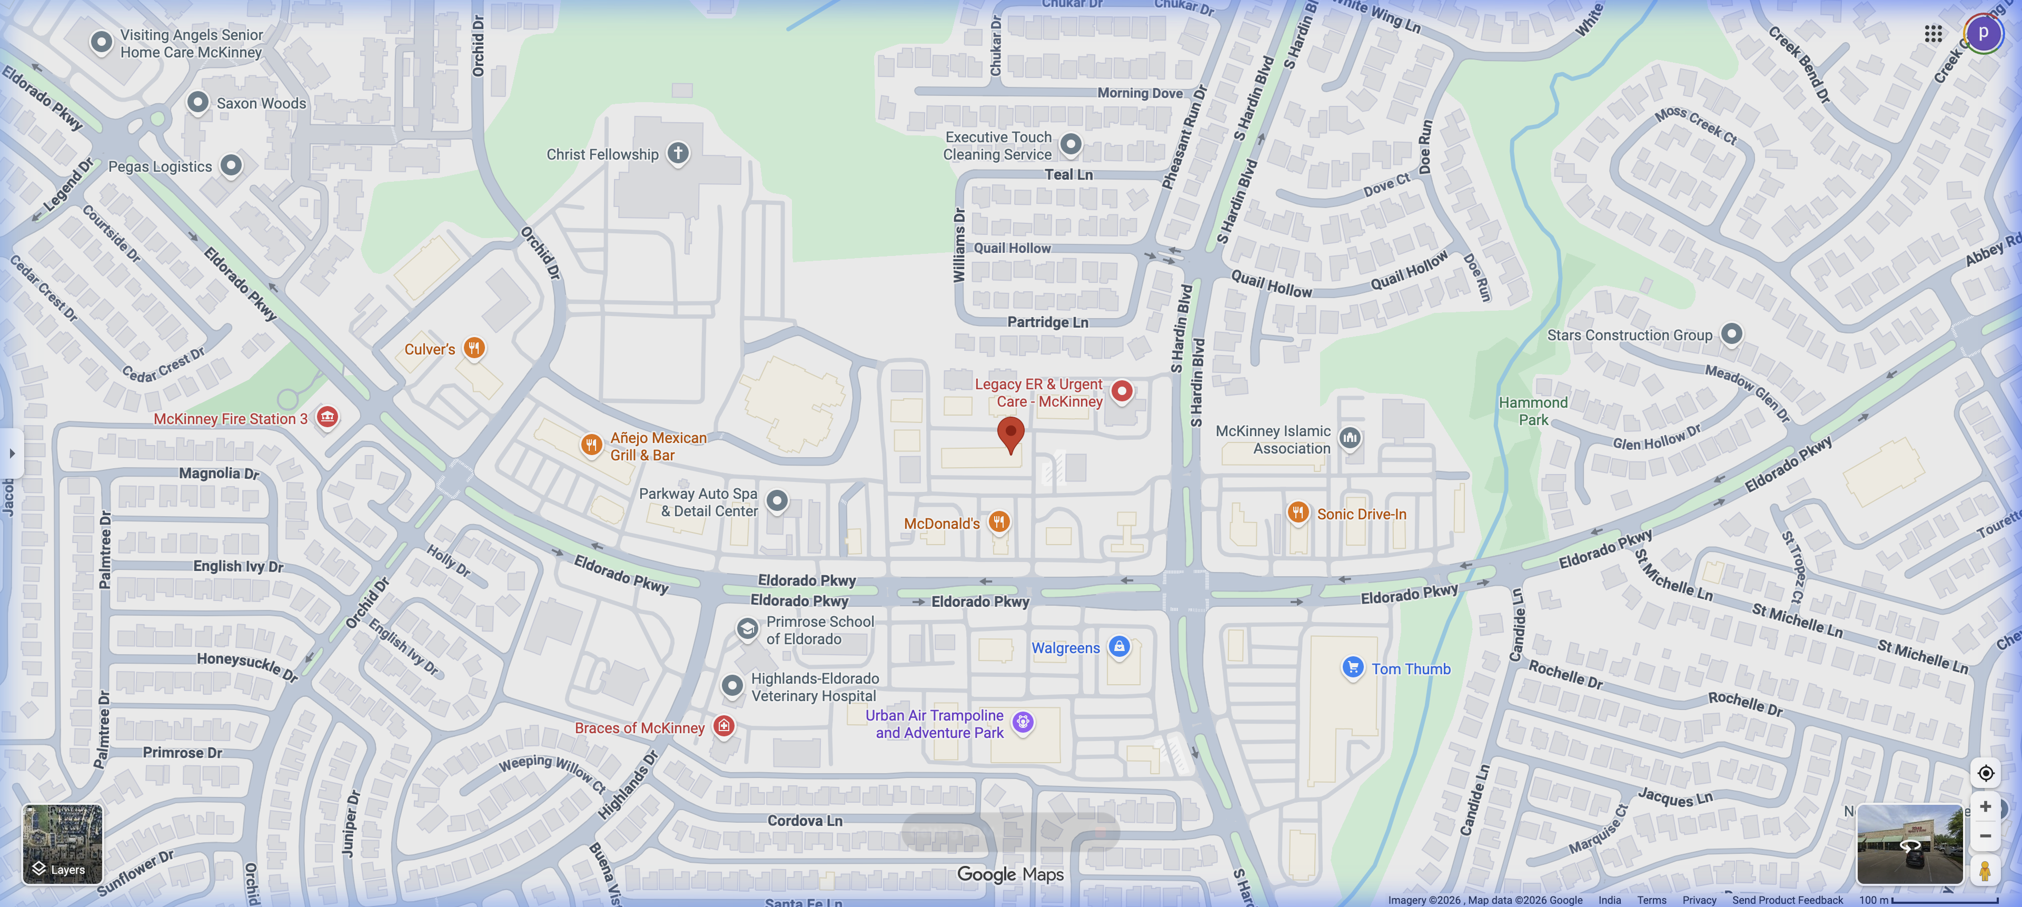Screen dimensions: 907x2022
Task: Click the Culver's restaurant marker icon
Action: click(x=473, y=348)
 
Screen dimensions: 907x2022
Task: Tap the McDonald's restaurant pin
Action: click(x=998, y=521)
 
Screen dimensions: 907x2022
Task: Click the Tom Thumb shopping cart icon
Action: click(x=1352, y=667)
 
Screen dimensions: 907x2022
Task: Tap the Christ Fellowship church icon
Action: click(x=678, y=153)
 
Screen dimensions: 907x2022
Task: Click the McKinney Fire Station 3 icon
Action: click(x=328, y=417)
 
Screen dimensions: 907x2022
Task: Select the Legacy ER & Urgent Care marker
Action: click(x=1122, y=391)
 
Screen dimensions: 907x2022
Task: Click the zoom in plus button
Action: click(x=1985, y=806)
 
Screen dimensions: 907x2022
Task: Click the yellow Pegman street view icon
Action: click(x=1985, y=870)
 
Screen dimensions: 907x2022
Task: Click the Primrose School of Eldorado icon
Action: click(x=747, y=628)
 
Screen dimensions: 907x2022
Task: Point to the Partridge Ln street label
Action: click(x=1047, y=322)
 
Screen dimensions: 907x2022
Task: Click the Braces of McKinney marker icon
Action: click(x=723, y=726)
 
